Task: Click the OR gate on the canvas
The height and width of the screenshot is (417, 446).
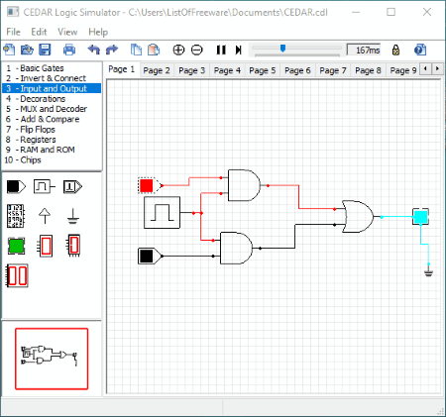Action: pos(358,217)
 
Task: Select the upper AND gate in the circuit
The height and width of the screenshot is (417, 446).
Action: pos(244,185)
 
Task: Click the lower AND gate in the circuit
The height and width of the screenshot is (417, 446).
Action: pos(236,248)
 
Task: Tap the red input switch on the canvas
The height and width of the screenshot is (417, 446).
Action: pos(147,185)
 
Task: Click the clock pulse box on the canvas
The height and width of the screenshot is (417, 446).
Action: pos(163,213)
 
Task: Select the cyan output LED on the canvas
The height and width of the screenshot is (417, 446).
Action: pos(420,217)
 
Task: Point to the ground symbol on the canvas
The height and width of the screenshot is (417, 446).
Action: pos(428,272)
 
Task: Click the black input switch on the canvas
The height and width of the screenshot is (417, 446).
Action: pos(147,256)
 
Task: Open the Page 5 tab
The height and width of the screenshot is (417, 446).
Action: pos(263,70)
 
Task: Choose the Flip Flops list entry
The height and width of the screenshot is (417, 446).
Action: pos(38,129)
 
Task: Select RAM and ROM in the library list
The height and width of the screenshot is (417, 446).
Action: pos(48,150)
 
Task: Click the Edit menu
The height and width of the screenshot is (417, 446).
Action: pos(39,32)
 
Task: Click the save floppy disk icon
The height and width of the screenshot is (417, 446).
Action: pos(45,50)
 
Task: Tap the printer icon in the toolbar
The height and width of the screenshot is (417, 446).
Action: pos(69,50)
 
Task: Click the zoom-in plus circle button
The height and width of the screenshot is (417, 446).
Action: pos(178,50)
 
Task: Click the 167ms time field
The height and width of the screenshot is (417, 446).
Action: pos(364,51)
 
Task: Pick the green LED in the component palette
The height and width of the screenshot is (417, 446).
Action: pos(16,246)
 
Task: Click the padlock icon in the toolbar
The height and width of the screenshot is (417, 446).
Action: pos(395,50)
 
